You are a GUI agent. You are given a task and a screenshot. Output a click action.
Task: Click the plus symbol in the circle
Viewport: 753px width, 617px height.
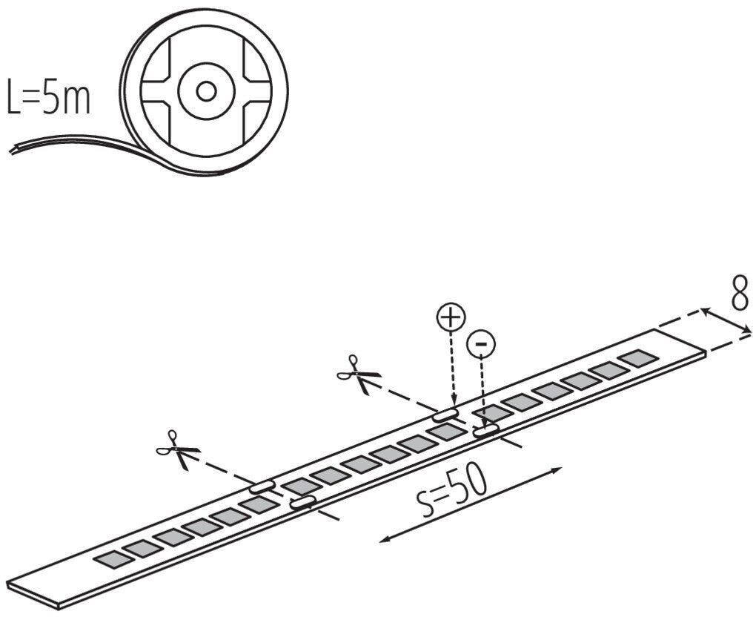450,318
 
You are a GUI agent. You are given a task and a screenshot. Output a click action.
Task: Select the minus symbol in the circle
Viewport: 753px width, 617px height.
481,343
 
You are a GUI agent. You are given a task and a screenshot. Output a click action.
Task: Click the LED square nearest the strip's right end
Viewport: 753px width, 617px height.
638,357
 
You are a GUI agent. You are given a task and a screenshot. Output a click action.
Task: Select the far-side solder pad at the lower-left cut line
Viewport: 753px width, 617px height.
262,486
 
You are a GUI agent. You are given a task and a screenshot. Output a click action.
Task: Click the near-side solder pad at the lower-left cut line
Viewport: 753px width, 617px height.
302,504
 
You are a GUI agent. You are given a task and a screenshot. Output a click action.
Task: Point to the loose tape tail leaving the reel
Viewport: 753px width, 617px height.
59,145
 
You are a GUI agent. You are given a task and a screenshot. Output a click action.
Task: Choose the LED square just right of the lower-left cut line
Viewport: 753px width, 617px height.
299,486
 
